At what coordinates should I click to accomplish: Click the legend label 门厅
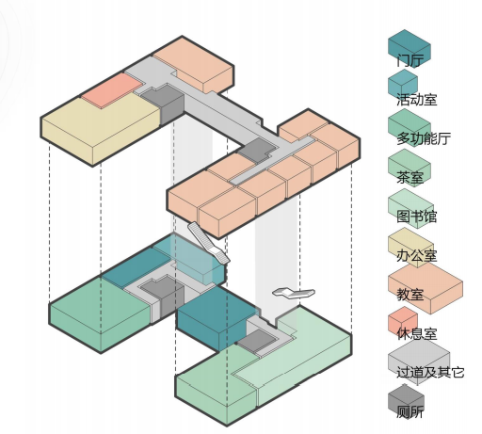(410, 60)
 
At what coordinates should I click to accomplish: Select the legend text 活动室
(417, 100)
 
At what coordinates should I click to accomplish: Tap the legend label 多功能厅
(424, 138)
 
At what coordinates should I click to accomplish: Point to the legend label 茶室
(410, 178)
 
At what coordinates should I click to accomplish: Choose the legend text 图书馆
(417, 217)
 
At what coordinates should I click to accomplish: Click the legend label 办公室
(417, 256)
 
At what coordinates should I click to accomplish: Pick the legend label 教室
(410, 295)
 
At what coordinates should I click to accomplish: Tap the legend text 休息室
(417, 334)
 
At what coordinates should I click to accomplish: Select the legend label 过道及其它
(430, 373)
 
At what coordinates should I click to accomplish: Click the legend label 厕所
(410, 411)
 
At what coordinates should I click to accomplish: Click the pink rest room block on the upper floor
(112, 90)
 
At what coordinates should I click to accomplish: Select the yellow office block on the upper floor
(101, 132)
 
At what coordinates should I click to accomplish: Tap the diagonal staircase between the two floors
(208, 242)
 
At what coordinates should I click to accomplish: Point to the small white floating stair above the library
(294, 293)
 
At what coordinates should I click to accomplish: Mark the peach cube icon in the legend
(426, 288)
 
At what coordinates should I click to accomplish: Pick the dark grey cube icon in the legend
(406, 402)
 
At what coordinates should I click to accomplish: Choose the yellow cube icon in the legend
(410, 247)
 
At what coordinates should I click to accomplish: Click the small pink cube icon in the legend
(403, 322)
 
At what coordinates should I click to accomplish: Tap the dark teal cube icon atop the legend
(410, 48)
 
